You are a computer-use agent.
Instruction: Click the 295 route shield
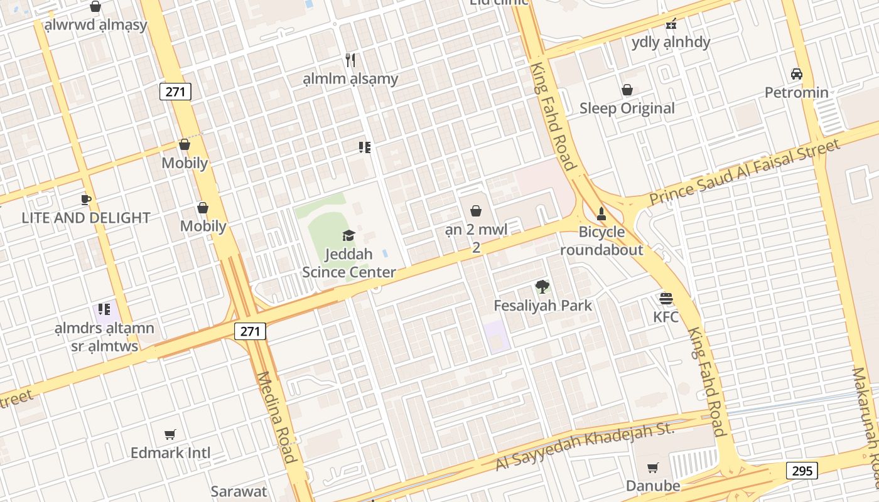(802, 470)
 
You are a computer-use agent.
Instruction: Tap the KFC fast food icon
(666, 298)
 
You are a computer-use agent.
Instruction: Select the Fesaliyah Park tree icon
(542, 287)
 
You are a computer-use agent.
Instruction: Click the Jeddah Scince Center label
(349, 263)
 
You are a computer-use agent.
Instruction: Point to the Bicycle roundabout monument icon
(601, 213)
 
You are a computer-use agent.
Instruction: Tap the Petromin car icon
(797, 74)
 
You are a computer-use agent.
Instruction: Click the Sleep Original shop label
(627, 108)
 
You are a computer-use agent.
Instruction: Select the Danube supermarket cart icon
(653, 467)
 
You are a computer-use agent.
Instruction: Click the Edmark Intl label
(170, 452)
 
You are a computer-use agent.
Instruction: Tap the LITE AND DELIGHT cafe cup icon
(86, 200)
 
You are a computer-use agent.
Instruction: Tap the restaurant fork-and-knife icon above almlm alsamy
(350, 60)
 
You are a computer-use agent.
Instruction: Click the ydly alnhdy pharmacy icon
(671, 24)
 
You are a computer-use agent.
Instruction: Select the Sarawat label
(239, 491)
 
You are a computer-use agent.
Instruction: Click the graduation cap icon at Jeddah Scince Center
(348, 235)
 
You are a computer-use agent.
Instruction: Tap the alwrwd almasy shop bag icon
(95, 7)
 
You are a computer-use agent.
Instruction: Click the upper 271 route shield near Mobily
(175, 92)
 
